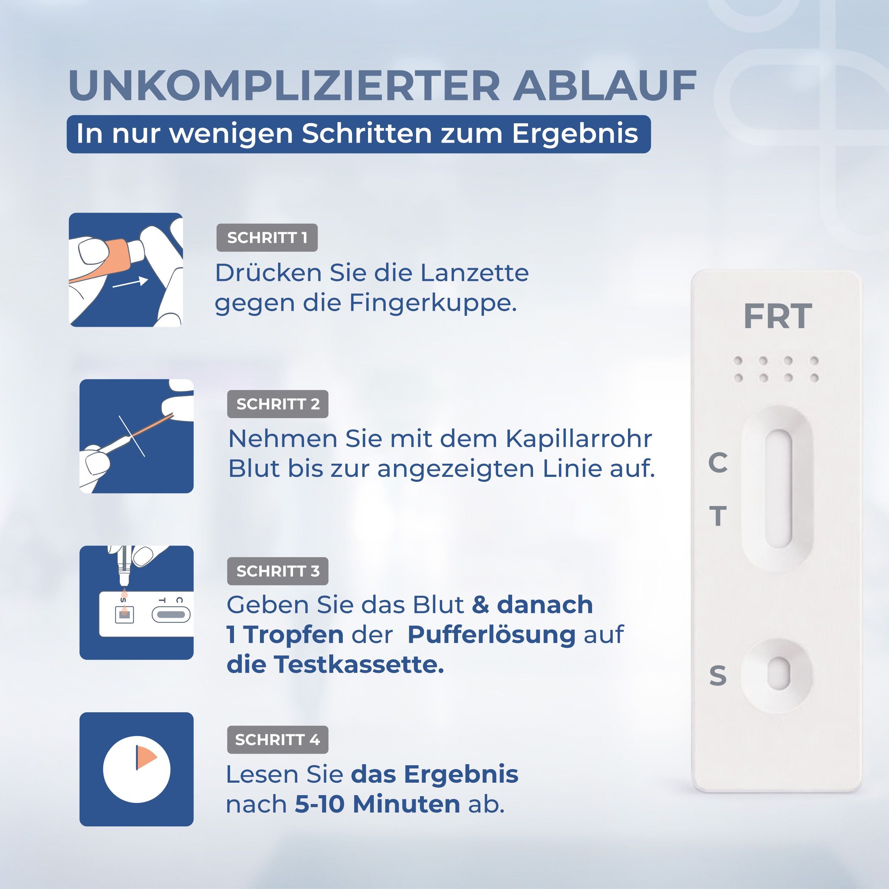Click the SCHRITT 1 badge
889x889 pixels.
coord(267,238)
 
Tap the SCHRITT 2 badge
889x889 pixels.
coord(277,404)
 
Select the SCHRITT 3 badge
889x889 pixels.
coord(277,571)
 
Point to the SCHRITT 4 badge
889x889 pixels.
coord(277,739)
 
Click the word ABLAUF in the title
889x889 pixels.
coord(605,86)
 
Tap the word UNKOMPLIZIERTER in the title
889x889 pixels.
coord(284,86)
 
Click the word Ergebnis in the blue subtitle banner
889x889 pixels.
coord(575,134)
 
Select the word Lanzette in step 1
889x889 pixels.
coord(474,273)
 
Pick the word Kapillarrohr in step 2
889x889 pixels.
coord(579,438)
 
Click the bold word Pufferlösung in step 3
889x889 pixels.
coord(491,634)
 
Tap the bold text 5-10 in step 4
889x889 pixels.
coord(319,804)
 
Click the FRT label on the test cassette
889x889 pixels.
coord(778,316)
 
